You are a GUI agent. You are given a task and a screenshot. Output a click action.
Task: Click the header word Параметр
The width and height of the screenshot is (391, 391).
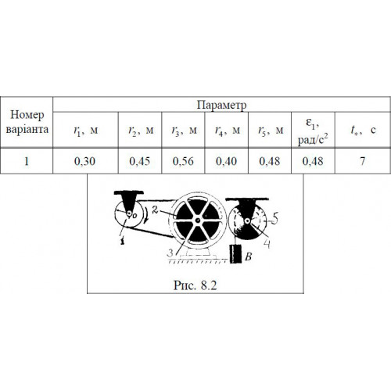point(221,105)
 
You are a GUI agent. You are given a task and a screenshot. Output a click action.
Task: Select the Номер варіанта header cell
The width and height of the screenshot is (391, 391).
point(27,122)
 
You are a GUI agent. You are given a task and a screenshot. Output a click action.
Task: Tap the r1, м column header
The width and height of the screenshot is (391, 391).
point(86,130)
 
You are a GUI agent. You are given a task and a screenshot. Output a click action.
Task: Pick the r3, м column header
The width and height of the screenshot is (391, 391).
point(184,130)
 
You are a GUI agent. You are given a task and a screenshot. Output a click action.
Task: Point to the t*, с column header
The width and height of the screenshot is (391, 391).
point(363,130)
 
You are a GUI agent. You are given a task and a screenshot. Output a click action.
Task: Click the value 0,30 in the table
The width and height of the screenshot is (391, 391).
point(84,161)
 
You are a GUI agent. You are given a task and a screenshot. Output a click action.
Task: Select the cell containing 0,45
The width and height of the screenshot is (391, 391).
point(140,161)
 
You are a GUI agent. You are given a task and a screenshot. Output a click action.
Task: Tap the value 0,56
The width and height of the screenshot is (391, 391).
point(183,161)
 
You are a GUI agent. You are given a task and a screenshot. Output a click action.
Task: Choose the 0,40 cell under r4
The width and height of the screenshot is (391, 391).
point(226,161)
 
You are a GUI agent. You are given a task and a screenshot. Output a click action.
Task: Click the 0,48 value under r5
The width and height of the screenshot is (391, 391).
point(270,161)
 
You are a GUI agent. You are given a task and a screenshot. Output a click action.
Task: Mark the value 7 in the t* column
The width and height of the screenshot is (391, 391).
point(362,161)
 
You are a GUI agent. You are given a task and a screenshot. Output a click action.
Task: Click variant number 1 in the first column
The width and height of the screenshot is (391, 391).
point(27,161)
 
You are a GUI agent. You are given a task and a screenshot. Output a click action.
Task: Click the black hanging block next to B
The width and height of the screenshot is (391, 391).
point(235,254)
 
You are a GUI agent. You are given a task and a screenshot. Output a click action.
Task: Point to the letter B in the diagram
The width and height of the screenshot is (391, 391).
point(249,257)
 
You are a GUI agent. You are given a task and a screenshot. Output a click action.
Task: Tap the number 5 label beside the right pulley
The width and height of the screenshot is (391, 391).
point(275,217)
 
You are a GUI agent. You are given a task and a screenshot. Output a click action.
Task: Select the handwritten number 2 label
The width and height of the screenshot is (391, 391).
point(155,210)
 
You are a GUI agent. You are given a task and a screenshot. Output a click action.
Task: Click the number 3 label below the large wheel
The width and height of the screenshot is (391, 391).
point(170,253)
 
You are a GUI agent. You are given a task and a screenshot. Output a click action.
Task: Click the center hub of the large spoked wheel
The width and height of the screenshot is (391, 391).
point(198,221)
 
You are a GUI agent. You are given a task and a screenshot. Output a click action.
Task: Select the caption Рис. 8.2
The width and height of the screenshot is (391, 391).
point(195,285)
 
